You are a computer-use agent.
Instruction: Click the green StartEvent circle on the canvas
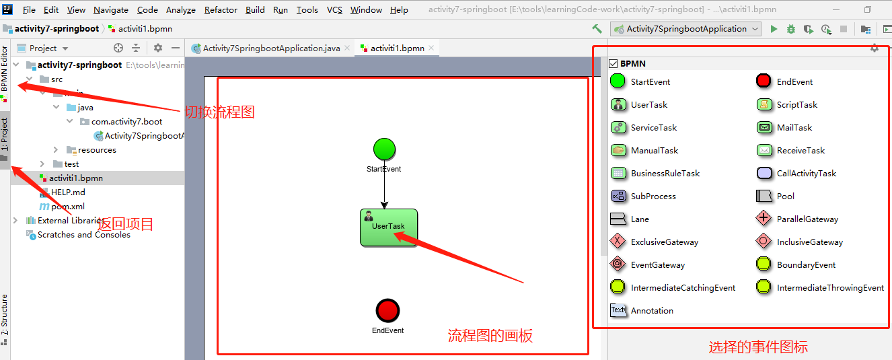(384, 149)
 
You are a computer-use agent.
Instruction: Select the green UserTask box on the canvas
(389, 227)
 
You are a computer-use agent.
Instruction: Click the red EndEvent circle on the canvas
(388, 311)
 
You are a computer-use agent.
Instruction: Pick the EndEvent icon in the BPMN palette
(764, 81)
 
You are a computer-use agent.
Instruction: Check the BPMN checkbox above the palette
(613, 63)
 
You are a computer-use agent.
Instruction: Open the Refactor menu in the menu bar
(221, 10)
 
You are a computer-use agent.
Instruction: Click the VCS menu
(334, 10)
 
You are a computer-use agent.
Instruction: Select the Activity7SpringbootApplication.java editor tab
(271, 48)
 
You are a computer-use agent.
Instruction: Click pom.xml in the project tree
(67, 207)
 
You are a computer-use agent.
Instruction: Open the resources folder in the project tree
(96, 150)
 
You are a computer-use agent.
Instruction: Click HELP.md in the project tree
(68, 192)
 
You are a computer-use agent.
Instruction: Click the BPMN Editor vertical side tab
(5, 70)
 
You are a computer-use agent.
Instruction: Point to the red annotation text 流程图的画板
(490, 336)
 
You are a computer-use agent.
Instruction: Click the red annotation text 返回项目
(126, 224)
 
